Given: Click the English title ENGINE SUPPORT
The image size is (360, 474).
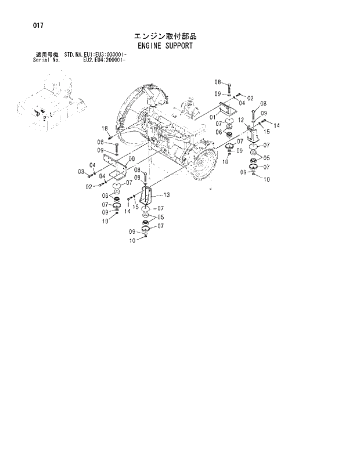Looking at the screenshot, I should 165,45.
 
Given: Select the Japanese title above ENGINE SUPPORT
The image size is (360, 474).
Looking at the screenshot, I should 165,36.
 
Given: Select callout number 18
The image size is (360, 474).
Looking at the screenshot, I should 105,128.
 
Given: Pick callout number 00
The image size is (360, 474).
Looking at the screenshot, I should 132,158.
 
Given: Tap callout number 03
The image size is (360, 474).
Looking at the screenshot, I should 82,171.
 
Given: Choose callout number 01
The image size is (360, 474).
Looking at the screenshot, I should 213,117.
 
